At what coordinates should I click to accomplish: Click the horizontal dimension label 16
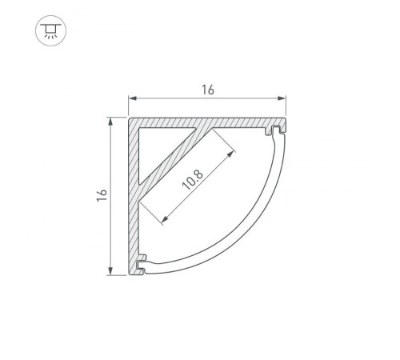[x=208, y=90]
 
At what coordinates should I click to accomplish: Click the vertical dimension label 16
[x=102, y=195]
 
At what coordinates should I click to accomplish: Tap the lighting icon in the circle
[x=50, y=30]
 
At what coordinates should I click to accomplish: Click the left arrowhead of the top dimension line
[x=133, y=98]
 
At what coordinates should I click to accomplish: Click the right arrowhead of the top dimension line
[x=282, y=98]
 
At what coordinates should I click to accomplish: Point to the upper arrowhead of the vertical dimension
[x=110, y=122]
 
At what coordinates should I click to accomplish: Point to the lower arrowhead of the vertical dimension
[x=110, y=271]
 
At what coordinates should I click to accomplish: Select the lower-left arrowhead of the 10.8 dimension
[x=166, y=218]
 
